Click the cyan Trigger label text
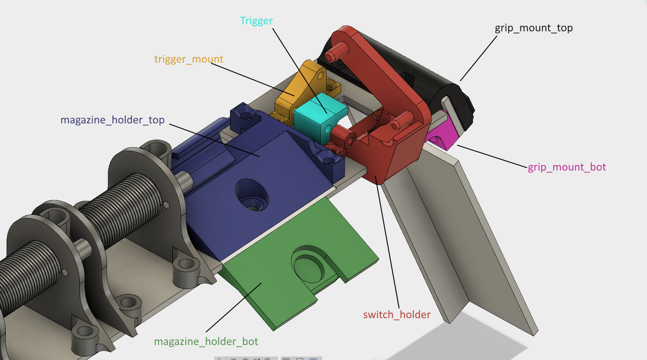pyautogui.click(x=256, y=21)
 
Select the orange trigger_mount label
pyautogui.click(x=189, y=59)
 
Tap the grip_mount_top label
pyautogui.click(x=534, y=28)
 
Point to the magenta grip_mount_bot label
pyautogui.click(x=567, y=167)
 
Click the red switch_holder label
pyautogui.click(x=397, y=315)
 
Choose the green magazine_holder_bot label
pyautogui.click(x=206, y=341)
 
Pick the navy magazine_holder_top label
pyautogui.click(x=112, y=120)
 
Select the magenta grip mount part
pyautogui.click(x=439, y=134)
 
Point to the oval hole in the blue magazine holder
pyautogui.click(x=252, y=194)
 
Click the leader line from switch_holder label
pyautogui.click(x=388, y=247)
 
